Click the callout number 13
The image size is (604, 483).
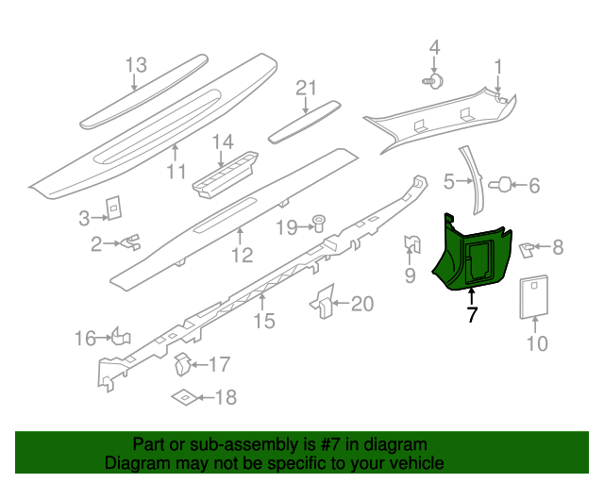pos(136,65)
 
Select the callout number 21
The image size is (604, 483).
pos(303,88)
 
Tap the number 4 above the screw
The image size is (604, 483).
pos(435,47)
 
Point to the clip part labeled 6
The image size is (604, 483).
pos(504,184)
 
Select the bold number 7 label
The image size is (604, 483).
pos(472,315)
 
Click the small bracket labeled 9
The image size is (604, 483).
pos(411,245)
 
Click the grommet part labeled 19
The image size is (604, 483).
pos(319,225)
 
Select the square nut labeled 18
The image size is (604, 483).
pos(186,397)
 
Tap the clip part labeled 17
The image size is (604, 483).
pos(184,361)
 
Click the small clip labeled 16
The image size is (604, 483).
pos(120,336)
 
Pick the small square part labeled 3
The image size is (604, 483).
pos(112,208)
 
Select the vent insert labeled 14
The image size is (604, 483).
pos(227,172)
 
